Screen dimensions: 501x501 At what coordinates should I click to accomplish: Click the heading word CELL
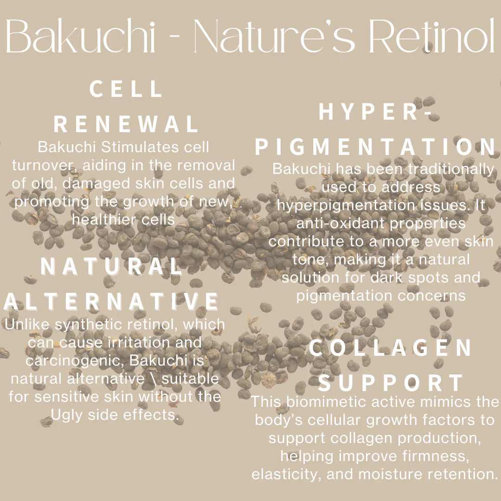click(x=126, y=89)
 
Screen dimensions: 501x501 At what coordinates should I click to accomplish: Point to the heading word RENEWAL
click(x=126, y=124)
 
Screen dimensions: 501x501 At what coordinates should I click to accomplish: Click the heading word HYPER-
click(x=375, y=112)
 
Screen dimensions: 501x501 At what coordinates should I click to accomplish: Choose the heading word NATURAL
click(x=111, y=266)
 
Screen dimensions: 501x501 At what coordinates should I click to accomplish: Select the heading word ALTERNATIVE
click(x=111, y=302)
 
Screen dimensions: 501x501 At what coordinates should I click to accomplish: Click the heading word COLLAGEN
click(x=390, y=348)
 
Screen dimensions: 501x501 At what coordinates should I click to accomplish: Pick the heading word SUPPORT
click(x=391, y=383)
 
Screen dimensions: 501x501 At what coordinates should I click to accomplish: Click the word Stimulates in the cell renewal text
click(x=140, y=148)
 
